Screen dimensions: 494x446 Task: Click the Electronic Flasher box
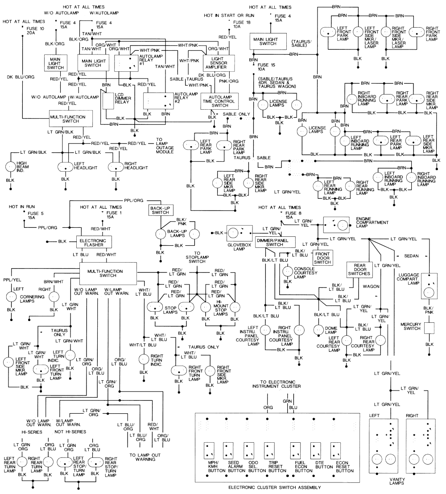(92, 242)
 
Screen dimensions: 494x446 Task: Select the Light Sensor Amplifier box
(219, 62)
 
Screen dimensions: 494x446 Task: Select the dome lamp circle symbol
(318, 330)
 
